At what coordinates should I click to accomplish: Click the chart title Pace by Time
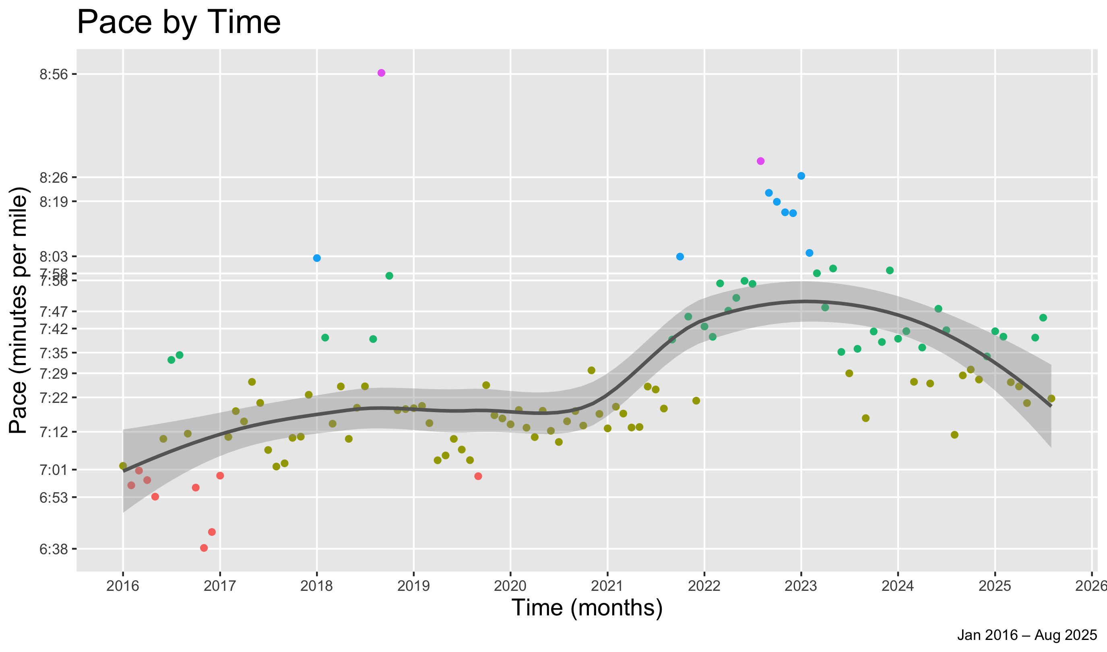178,23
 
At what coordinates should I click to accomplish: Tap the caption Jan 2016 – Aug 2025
1027,635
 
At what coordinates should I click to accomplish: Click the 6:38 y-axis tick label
54,549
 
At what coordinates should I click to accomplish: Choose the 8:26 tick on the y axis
54,178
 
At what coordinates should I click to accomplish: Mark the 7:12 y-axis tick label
54,432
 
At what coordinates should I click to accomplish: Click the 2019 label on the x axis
413,586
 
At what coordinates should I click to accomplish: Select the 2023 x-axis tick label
801,586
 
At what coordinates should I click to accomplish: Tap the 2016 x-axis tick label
123,586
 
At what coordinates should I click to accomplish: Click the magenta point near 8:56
381,73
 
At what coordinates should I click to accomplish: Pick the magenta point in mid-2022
761,161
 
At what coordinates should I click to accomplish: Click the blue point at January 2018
317,258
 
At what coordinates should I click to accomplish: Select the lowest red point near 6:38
204,548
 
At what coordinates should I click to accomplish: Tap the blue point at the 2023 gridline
801,176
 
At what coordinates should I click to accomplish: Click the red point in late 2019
478,476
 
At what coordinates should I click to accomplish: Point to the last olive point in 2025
1051,398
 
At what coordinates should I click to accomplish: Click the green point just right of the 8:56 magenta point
389,276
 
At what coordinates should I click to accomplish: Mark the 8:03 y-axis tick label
54,257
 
